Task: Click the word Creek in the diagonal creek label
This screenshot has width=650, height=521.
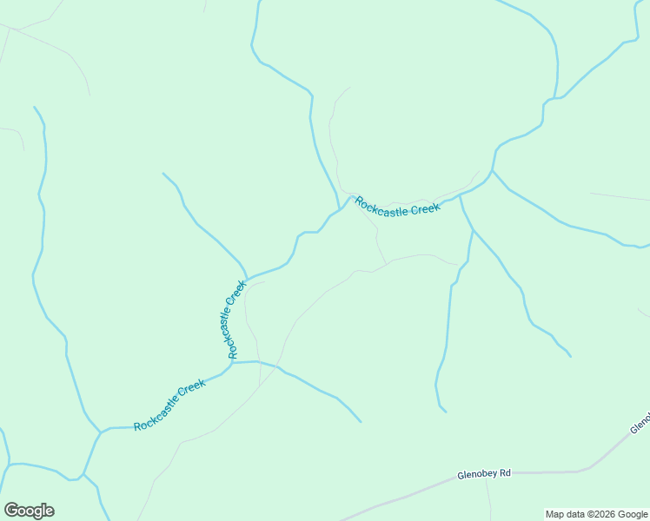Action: pyautogui.click(x=191, y=388)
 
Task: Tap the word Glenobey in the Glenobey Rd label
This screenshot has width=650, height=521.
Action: pyautogui.click(x=477, y=475)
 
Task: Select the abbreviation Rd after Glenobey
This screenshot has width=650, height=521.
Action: pyautogui.click(x=505, y=473)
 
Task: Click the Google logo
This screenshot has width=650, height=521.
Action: pyautogui.click(x=29, y=511)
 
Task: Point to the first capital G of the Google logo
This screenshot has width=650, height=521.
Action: pyautogui.click(x=10, y=511)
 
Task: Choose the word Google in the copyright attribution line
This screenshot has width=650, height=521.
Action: pyautogui.click(x=631, y=514)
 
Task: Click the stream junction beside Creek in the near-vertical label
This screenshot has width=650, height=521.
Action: pyautogui.click(x=248, y=278)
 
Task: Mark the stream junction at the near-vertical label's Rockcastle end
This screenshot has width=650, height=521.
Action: pyautogui.click(x=232, y=362)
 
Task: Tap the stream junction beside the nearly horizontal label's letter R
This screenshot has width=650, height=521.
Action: pyautogui.click(x=339, y=209)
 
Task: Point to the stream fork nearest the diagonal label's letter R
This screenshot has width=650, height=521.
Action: pyautogui.click(x=101, y=430)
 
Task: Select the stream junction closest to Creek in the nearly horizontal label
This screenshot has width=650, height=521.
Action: pyautogui.click(x=460, y=195)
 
